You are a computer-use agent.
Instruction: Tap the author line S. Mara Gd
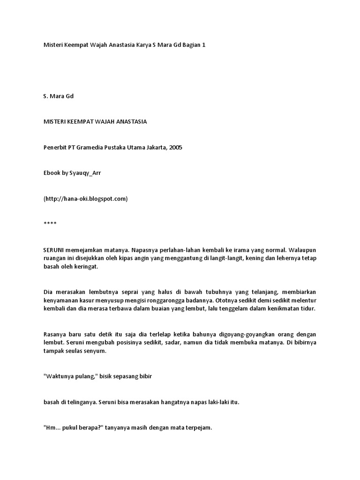pos(59,96)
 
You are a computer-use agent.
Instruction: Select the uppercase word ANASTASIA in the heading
pos(131,121)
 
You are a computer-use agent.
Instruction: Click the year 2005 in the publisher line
pos(175,147)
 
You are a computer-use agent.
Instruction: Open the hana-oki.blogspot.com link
pos(86,199)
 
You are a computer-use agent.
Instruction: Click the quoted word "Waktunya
pos(59,376)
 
